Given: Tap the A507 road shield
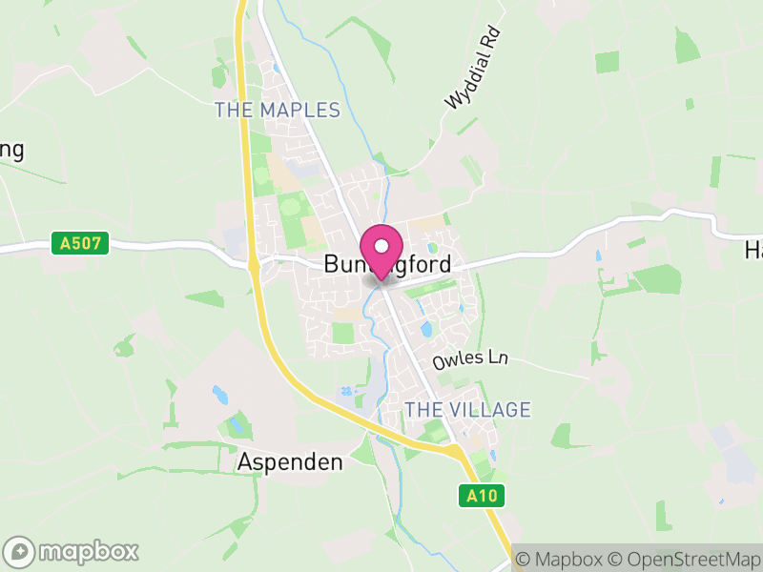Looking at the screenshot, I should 80,245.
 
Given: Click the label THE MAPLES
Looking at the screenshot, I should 277,111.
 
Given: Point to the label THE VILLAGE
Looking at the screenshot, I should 467,410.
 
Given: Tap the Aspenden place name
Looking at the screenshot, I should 289,462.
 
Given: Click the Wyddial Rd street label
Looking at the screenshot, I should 472,68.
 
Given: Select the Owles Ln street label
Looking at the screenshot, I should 470,360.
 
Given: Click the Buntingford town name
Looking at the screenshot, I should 386,265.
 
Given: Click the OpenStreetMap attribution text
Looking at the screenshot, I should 686,559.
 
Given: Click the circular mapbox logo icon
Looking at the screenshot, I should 21,551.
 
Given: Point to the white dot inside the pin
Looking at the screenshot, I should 381,245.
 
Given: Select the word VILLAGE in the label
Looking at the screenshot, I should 490,410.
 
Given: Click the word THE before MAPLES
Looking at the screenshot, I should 232,111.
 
